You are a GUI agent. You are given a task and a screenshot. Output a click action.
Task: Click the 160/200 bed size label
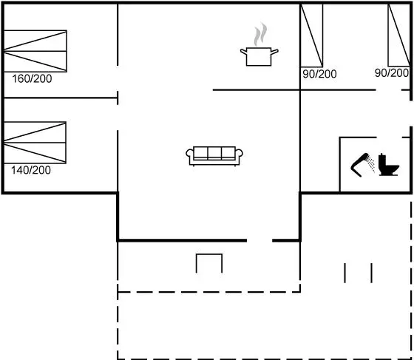coord(32,78)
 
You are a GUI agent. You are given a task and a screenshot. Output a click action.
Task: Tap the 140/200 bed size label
coord(31,170)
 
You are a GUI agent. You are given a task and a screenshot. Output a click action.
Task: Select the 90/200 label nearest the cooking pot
coord(319,74)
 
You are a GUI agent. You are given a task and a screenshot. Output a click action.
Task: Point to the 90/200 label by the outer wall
coord(392,72)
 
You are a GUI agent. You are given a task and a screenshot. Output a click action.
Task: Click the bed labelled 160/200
coord(35,51)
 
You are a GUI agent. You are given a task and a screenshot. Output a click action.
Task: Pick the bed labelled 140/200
coord(35,143)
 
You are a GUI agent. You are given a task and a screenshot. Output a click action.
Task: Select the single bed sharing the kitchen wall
coord(311,35)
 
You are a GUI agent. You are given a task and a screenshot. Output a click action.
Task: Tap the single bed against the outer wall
coord(399,35)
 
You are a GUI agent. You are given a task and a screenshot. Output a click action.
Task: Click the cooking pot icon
coord(259,56)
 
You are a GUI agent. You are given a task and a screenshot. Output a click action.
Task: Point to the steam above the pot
coord(260,34)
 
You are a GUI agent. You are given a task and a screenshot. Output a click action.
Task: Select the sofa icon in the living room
coord(214,156)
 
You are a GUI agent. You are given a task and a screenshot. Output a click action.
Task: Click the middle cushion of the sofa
coord(214,153)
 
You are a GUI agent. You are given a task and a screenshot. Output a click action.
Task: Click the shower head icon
coord(362,164)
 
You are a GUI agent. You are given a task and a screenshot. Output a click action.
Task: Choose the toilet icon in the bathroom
coord(389,165)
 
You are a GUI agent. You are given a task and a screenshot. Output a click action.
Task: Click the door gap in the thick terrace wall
coord(259,240)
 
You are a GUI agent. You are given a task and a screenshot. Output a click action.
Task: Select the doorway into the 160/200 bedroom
coord(118,78)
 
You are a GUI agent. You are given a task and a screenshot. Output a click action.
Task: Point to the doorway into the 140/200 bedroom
coord(118,118)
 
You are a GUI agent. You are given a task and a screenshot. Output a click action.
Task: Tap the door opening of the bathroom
coord(389,137)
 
